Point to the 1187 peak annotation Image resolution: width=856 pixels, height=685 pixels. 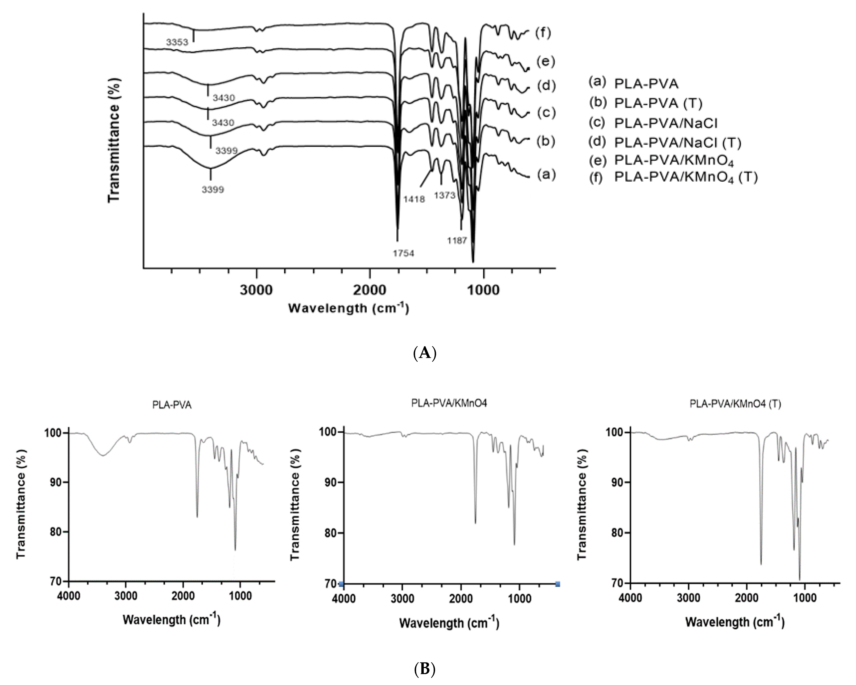tap(457, 240)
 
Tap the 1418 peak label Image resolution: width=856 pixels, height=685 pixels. tap(414, 199)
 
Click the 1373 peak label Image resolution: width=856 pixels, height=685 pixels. tap(445, 195)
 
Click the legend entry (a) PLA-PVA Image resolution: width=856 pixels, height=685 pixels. tap(634, 83)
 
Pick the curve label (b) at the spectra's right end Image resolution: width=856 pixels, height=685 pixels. tap(545, 141)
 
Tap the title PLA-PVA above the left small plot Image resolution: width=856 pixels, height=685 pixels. tap(172, 405)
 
